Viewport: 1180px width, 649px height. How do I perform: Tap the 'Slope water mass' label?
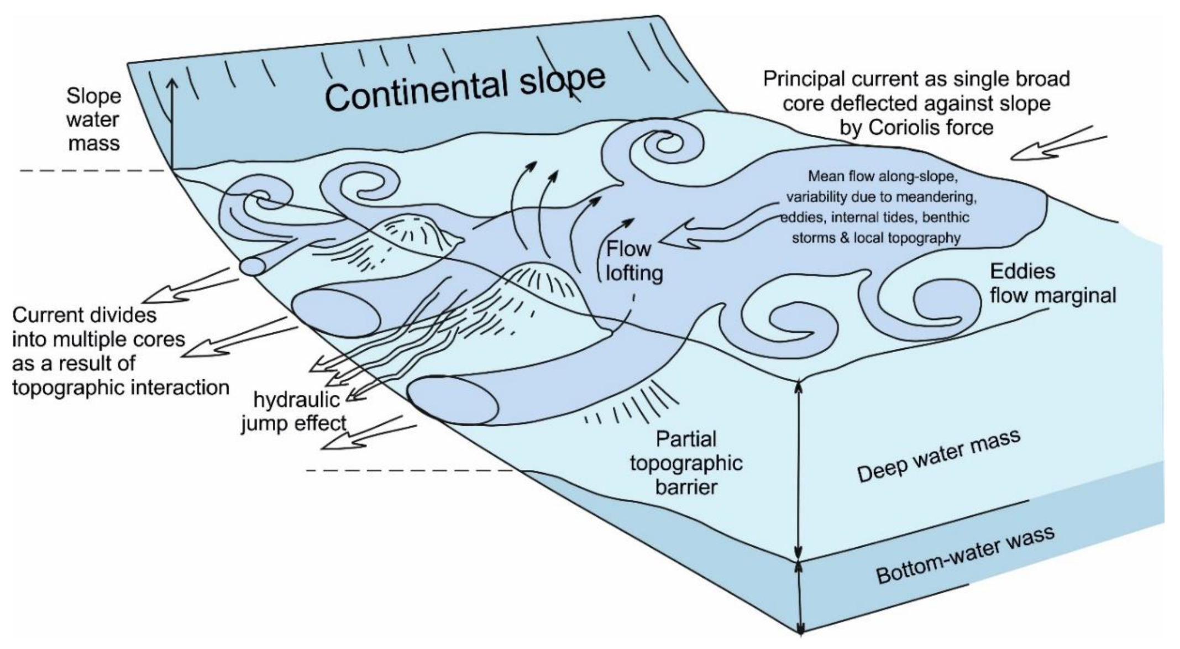pyautogui.click(x=93, y=119)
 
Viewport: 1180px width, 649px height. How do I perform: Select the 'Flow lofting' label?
pyautogui.click(x=634, y=261)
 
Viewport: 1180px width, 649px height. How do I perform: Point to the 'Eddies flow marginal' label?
pyautogui.click(x=1052, y=284)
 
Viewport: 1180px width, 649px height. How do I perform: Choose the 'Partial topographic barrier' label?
pyautogui.click(x=686, y=463)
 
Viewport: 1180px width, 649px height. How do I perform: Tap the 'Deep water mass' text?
pyautogui.click(x=938, y=457)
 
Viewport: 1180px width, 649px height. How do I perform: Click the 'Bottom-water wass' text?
pyautogui.click(x=965, y=554)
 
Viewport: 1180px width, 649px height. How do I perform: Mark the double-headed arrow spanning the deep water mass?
pyautogui.click(x=798, y=470)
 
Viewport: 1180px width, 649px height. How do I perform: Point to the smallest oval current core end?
pyautogui.click(x=252, y=266)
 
